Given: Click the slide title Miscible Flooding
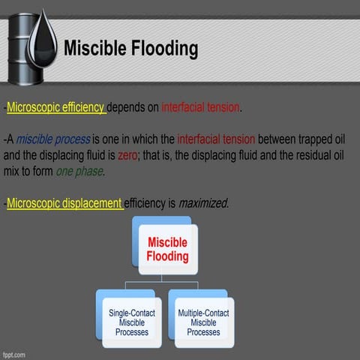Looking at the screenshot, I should tap(130, 49).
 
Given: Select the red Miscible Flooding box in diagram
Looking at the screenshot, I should tap(168, 250).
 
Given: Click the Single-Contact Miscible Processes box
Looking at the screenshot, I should tap(127, 322).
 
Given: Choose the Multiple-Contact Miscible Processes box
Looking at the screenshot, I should tap(203, 322).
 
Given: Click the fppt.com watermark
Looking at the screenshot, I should tap(15, 353).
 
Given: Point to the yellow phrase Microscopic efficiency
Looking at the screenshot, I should tap(55, 108).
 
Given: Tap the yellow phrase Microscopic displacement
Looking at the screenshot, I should tap(64, 203).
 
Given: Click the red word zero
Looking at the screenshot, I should tap(127, 155).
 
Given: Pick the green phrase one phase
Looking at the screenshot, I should tap(79, 171).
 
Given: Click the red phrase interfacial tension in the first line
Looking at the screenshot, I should tap(200, 108).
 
